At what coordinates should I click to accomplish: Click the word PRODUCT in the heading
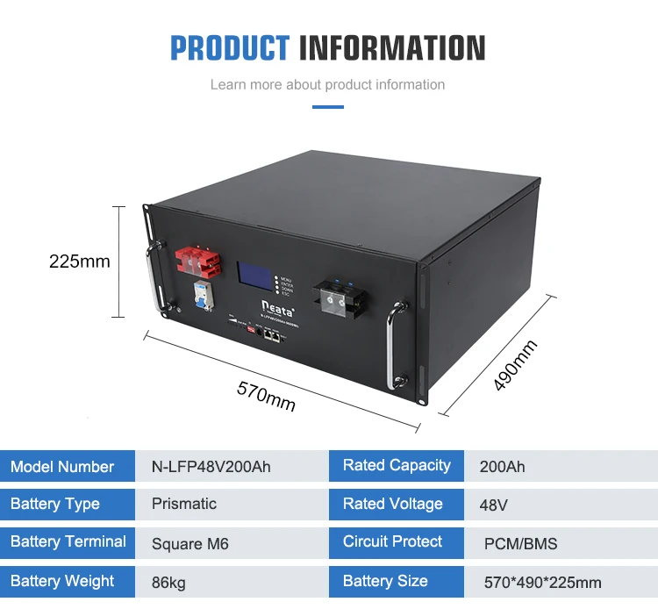(229, 47)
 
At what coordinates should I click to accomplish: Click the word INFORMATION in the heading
(392, 47)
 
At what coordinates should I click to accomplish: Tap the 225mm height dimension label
(79, 261)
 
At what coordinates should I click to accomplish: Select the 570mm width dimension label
(266, 395)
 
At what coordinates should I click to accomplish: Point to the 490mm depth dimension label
(515, 366)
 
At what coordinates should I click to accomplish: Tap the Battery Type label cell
(55, 504)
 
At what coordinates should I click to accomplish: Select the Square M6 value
(190, 544)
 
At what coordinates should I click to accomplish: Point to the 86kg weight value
(168, 582)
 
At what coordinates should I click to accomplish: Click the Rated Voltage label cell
(392, 504)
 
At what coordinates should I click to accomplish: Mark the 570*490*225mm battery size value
(542, 582)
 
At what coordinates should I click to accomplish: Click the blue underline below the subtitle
(328, 107)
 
